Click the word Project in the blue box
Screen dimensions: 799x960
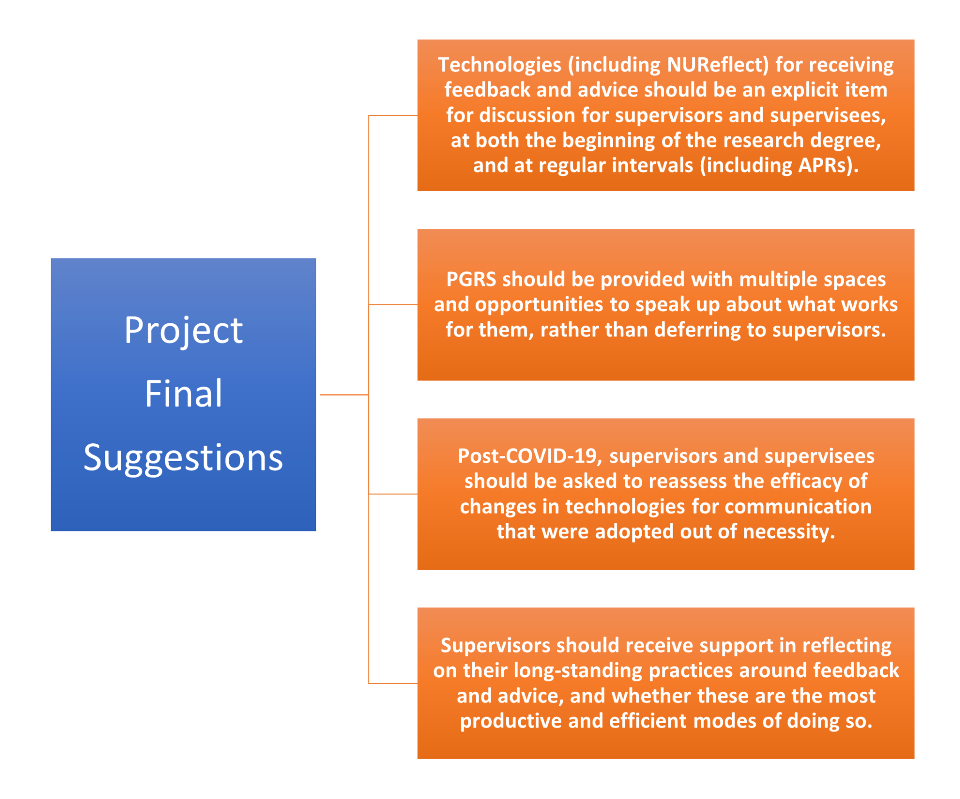click(x=183, y=330)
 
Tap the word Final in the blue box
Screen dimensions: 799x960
click(x=183, y=394)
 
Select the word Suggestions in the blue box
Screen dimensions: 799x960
click(x=183, y=458)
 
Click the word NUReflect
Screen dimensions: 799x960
click(x=718, y=65)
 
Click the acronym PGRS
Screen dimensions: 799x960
click(x=471, y=280)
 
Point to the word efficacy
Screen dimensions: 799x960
click(x=806, y=482)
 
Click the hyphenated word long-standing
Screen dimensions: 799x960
click(x=578, y=671)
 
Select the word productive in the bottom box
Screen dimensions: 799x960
click(x=510, y=721)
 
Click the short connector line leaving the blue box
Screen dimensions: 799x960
click(x=344, y=395)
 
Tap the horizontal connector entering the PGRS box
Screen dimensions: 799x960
click(x=393, y=305)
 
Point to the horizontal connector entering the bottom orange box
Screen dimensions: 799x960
click(x=393, y=683)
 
